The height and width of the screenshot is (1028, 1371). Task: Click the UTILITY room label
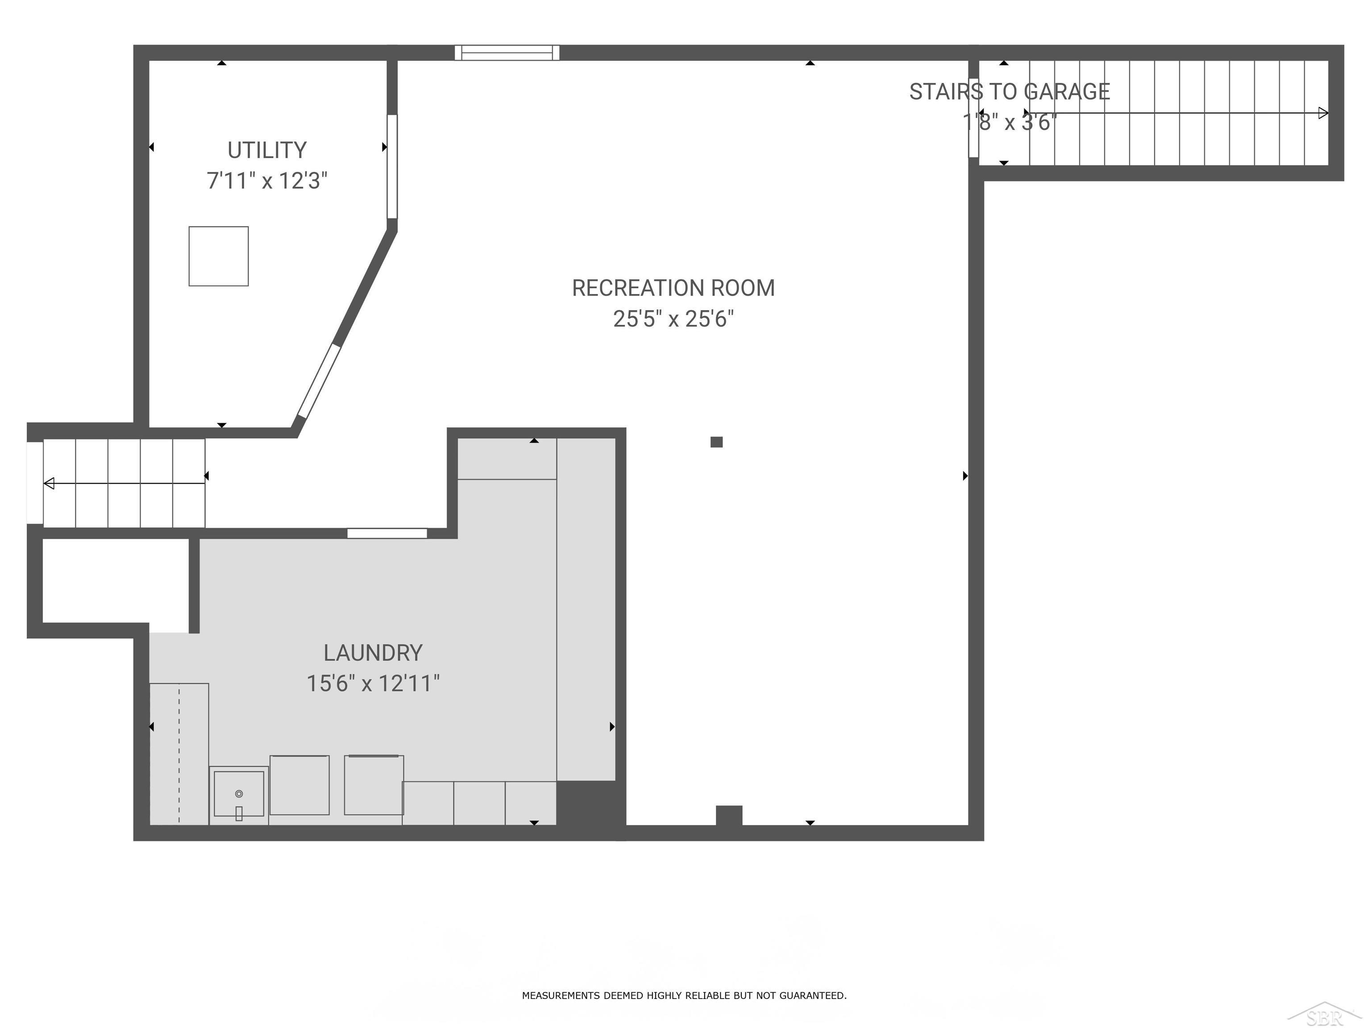(267, 150)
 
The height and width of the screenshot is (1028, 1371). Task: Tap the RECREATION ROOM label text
(673, 288)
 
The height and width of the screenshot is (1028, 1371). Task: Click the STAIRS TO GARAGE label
(1010, 92)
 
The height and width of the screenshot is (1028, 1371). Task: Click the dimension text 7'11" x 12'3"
(267, 181)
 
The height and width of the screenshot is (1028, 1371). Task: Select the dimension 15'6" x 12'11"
(373, 684)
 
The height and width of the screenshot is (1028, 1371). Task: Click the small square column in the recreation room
(716, 442)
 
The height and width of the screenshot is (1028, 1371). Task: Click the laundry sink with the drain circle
(239, 794)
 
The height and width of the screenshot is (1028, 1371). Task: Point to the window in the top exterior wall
(507, 53)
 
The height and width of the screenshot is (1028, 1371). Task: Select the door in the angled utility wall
(319, 381)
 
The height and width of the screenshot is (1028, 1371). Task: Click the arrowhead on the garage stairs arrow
(1323, 113)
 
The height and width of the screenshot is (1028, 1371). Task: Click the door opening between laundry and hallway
(387, 533)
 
